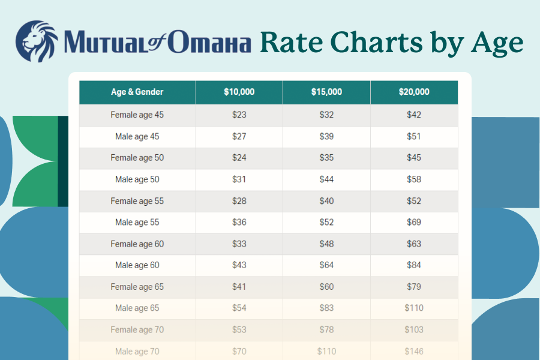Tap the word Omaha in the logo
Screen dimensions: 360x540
(x=209, y=44)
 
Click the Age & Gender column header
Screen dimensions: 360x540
(x=137, y=92)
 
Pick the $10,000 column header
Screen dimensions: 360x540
(x=239, y=92)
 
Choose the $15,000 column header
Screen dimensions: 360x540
(x=326, y=92)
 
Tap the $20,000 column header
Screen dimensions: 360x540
(x=414, y=92)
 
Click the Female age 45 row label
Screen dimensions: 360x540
(x=137, y=115)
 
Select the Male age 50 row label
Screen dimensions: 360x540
(x=137, y=179)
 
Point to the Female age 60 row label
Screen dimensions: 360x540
(x=137, y=244)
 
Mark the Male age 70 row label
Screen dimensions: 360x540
(x=137, y=351)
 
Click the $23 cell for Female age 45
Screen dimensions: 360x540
(x=239, y=115)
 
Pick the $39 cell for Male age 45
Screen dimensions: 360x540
(x=326, y=136)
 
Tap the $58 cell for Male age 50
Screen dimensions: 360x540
(x=414, y=179)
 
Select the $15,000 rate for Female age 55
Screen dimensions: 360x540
(x=326, y=201)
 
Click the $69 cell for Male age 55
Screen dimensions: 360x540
(x=414, y=223)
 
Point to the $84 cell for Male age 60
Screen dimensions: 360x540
(x=414, y=265)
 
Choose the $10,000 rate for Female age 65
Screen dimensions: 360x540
(x=239, y=287)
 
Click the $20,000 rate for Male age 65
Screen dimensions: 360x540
(x=414, y=308)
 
